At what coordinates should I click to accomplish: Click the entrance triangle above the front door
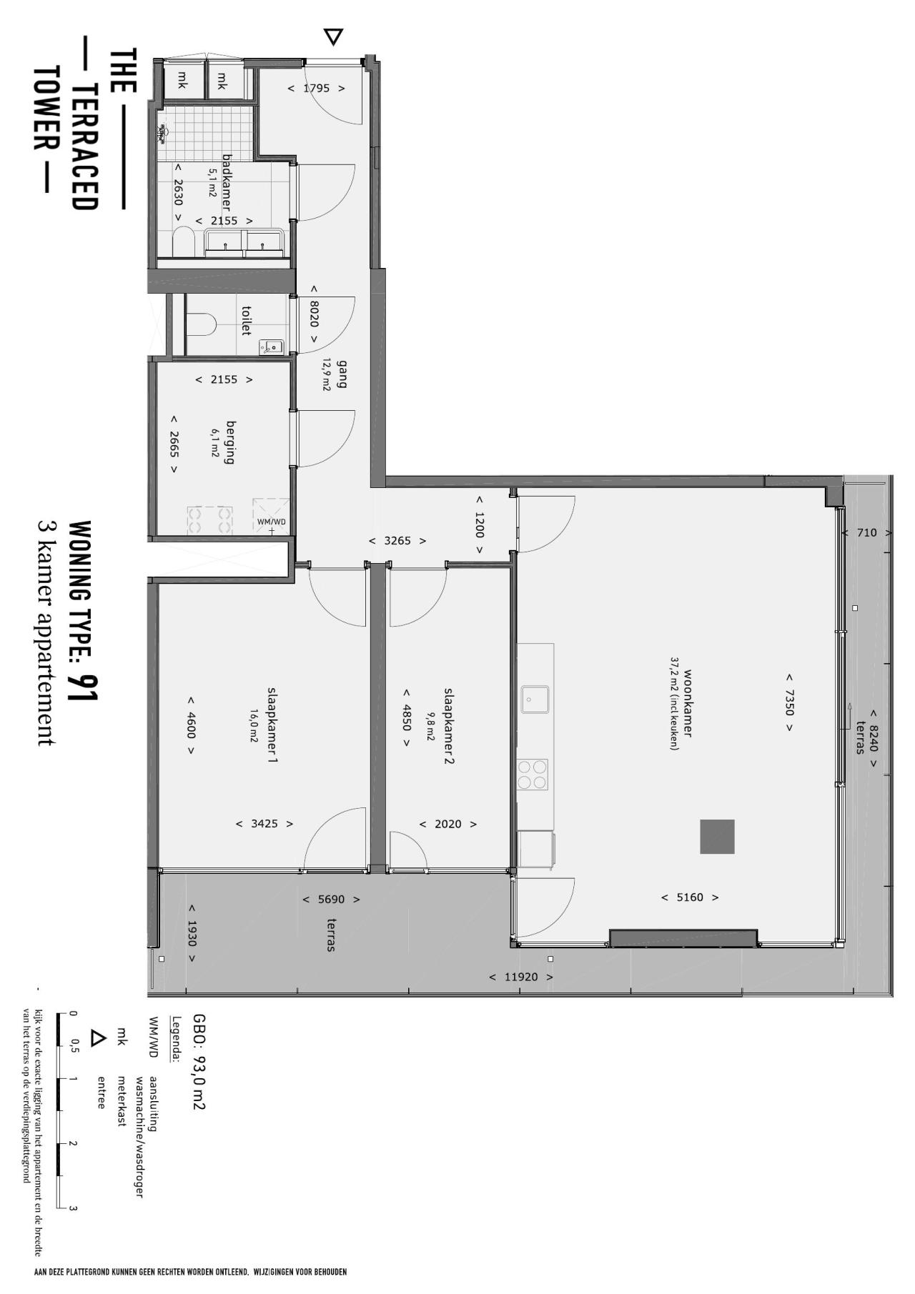[333, 36]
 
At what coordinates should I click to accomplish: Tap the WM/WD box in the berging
[271, 517]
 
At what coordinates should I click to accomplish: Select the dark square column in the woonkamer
[717, 837]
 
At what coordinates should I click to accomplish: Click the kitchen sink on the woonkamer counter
[535, 700]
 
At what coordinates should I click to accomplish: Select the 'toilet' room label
[247, 321]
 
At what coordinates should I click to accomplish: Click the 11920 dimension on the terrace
[521, 977]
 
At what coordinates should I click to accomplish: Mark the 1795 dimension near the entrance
[316, 89]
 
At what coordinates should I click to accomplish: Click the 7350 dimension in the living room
[789, 702]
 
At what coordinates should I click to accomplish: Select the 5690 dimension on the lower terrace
[331, 900]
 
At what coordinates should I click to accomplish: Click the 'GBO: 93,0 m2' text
[199, 1062]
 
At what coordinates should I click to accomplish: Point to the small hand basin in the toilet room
[272, 347]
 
